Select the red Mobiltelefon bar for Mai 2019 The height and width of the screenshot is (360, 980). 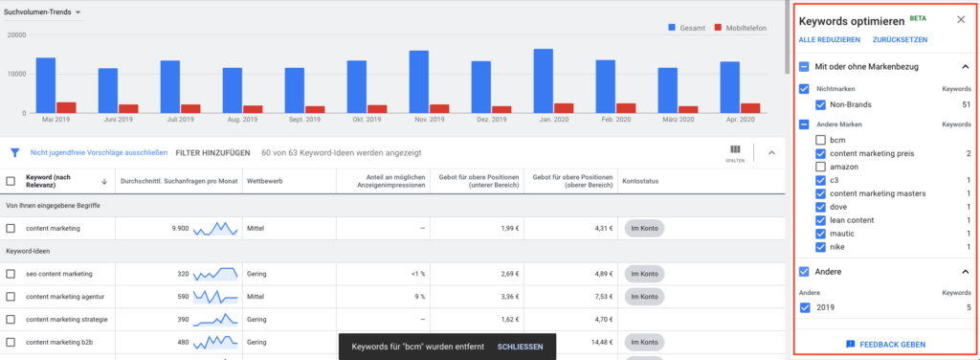pyautogui.click(x=66, y=107)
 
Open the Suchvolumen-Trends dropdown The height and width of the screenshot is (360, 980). pyautogui.click(x=43, y=12)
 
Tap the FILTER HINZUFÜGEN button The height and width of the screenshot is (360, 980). pyautogui.click(x=212, y=152)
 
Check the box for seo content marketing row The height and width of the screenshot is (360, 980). pyautogui.click(x=11, y=274)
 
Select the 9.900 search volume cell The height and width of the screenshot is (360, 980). pyautogui.click(x=174, y=228)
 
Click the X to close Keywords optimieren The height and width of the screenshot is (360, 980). pyautogui.click(x=961, y=19)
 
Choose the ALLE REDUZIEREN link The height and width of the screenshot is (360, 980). pyautogui.click(x=830, y=39)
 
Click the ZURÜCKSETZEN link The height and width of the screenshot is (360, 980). pyautogui.click(x=900, y=39)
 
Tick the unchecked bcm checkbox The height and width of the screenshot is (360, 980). pyautogui.click(x=821, y=140)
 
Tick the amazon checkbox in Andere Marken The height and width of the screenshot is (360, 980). pyautogui.click(x=821, y=167)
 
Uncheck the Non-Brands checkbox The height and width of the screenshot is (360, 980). pyautogui.click(x=821, y=104)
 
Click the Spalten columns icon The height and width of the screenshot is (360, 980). pyautogui.click(x=735, y=150)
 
